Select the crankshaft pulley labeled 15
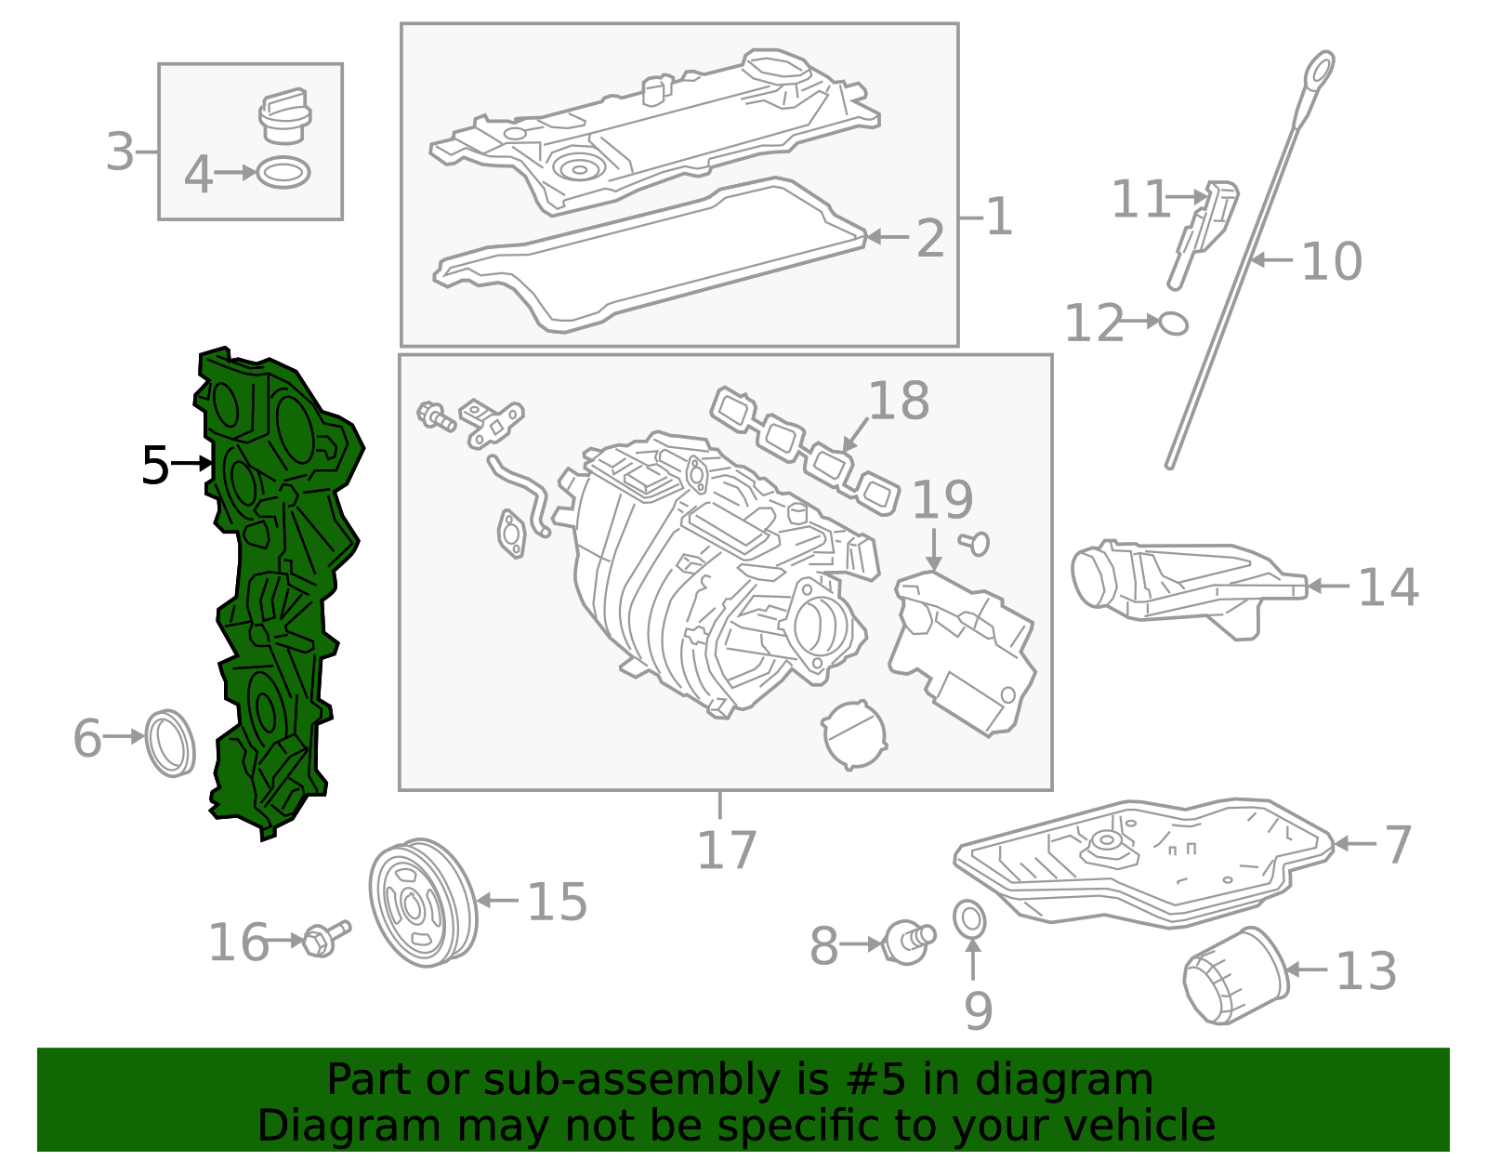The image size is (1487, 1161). [423, 903]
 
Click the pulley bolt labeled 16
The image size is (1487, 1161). [324, 939]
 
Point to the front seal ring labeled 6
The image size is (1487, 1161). [171, 743]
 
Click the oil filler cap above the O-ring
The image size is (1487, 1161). [283, 117]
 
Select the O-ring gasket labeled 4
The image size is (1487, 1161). [283, 173]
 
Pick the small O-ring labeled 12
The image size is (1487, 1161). [1174, 323]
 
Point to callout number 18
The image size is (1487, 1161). [898, 402]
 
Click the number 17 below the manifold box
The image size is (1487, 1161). [726, 851]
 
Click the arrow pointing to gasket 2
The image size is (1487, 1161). [887, 238]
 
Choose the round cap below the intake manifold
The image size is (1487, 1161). [853, 734]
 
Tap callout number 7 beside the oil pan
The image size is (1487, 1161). [1397, 844]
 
